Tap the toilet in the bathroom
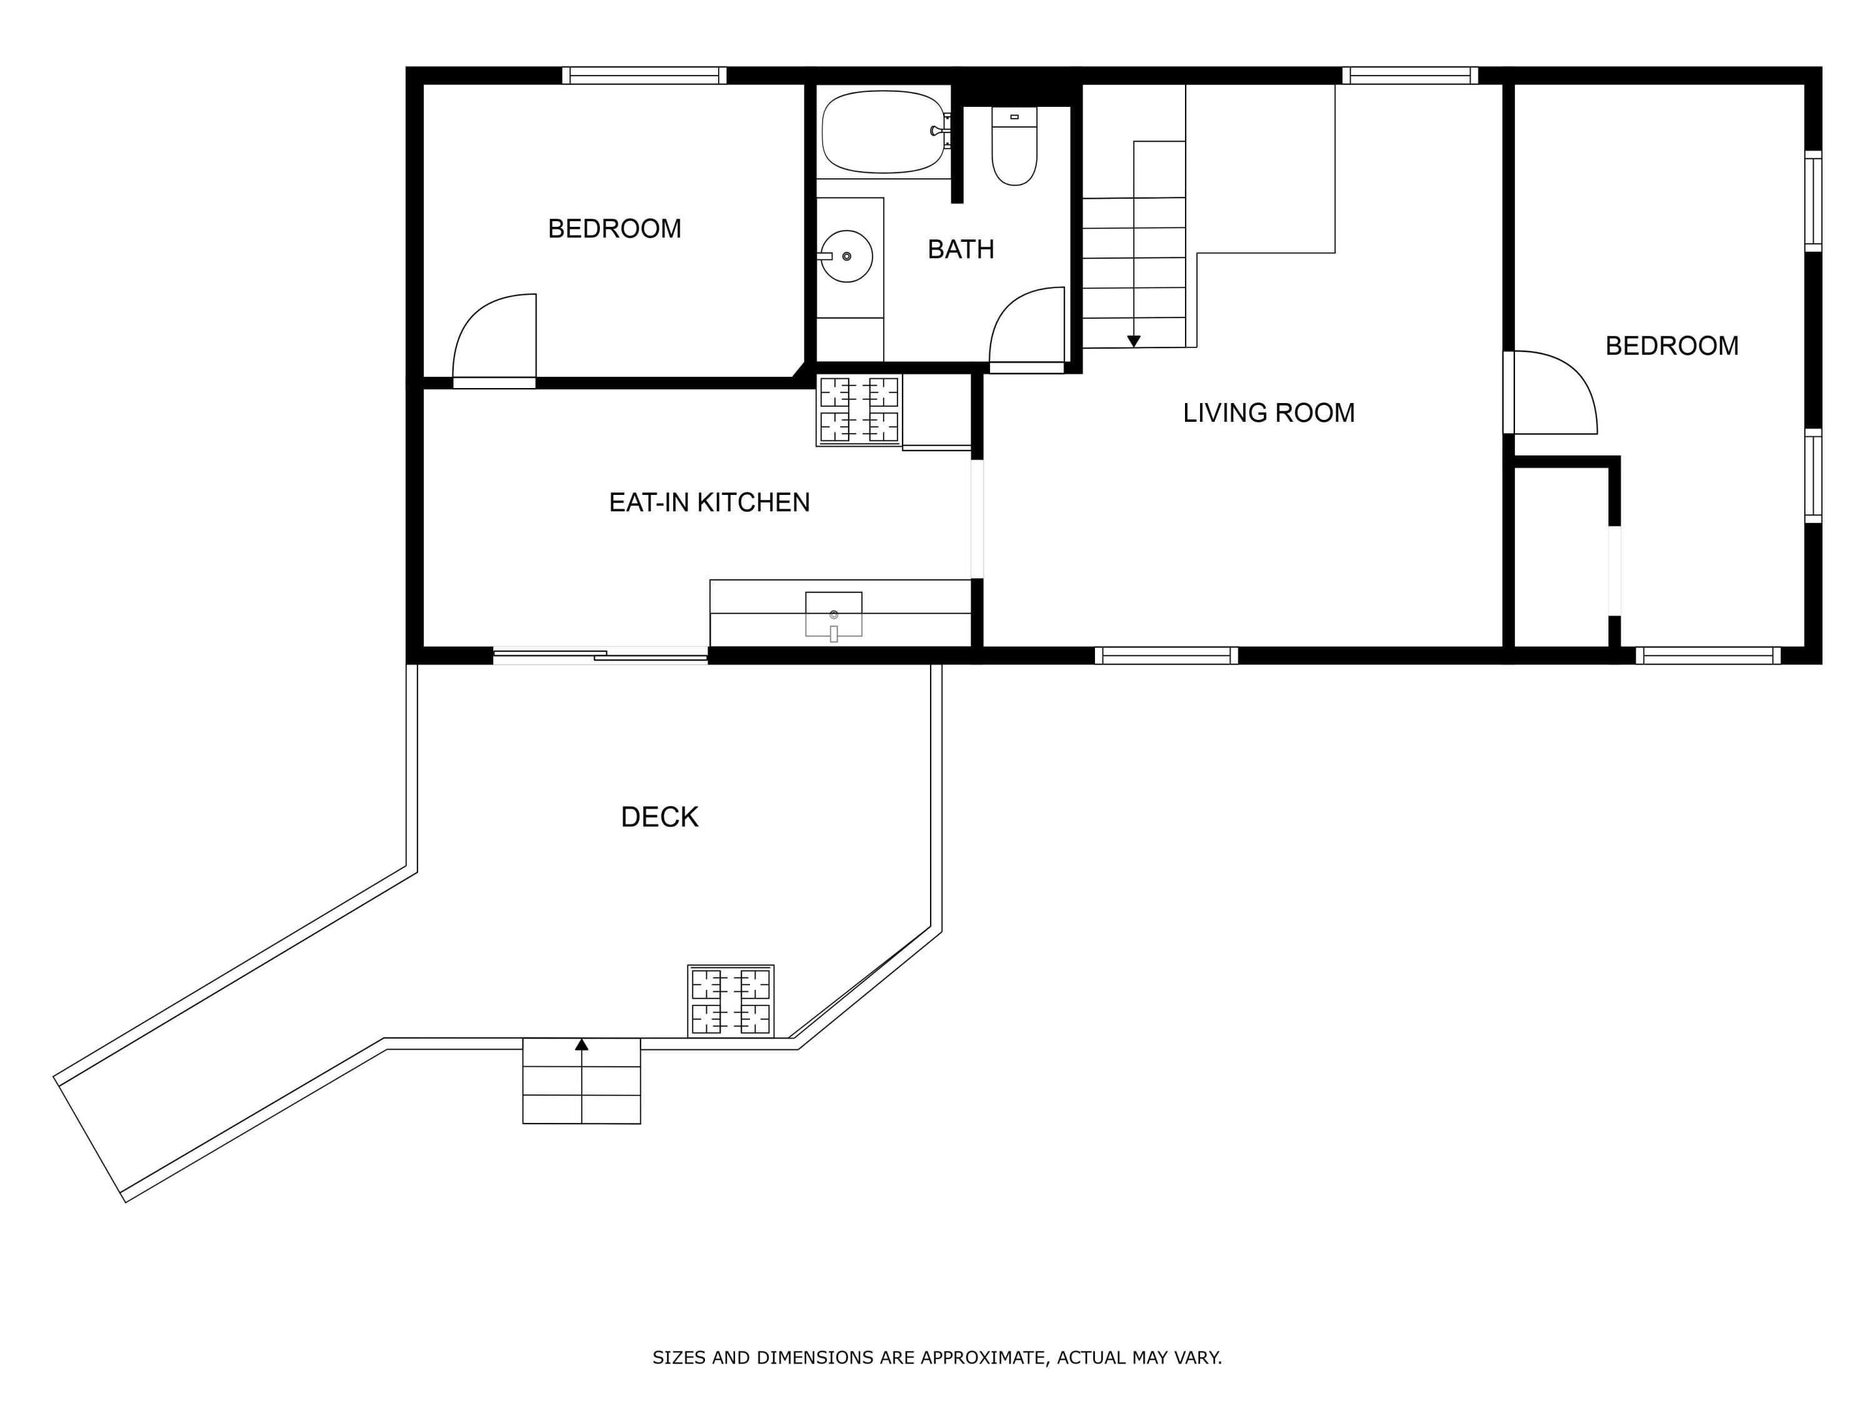(1014, 146)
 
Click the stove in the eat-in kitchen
(859, 410)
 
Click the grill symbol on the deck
(731, 1001)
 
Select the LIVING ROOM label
(1269, 412)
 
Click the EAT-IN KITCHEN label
(709, 502)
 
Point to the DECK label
(659, 817)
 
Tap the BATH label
(961, 249)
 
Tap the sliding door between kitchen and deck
(600, 654)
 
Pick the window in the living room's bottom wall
(1166, 655)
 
